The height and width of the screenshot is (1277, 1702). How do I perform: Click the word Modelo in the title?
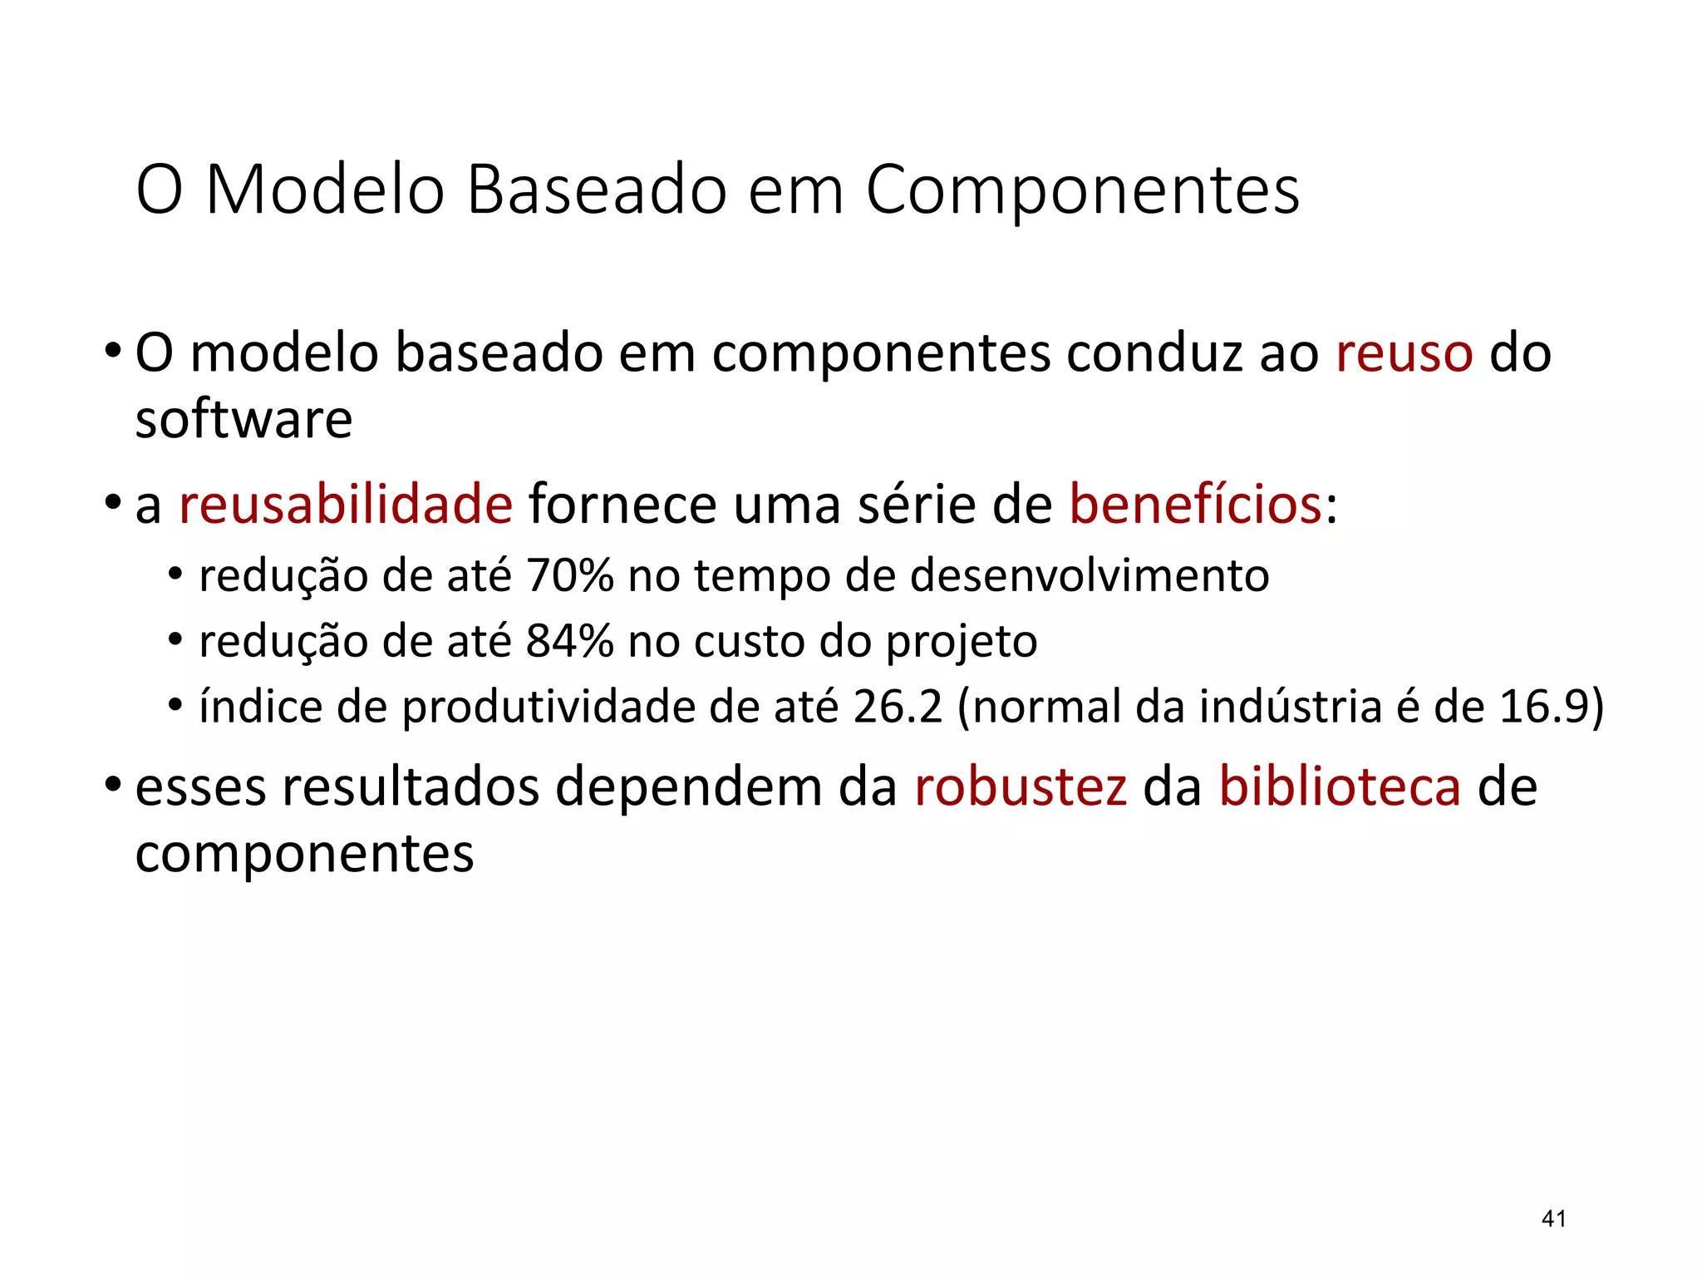click(x=325, y=190)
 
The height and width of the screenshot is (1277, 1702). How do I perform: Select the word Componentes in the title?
click(x=1082, y=191)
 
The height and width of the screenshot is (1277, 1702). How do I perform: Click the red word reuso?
click(x=1404, y=353)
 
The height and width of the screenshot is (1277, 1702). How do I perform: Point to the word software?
click(x=243, y=419)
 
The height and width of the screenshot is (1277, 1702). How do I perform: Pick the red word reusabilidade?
click(x=346, y=504)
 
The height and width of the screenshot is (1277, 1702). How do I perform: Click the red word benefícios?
click(x=1196, y=504)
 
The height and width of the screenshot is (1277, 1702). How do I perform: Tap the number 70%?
click(x=569, y=575)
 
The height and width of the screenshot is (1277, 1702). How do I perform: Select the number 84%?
click(x=569, y=641)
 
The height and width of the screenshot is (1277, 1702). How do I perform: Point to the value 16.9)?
click(x=1551, y=707)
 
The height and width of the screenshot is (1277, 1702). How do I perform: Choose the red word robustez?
click(x=1021, y=786)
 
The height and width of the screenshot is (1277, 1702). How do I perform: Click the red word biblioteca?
click(x=1340, y=786)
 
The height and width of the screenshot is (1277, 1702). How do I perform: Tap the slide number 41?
click(x=1553, y=1219)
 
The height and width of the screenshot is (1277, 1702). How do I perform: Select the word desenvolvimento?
click(x=1090, y=575)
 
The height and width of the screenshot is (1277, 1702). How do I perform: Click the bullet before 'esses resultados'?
click(x=113, y=785)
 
